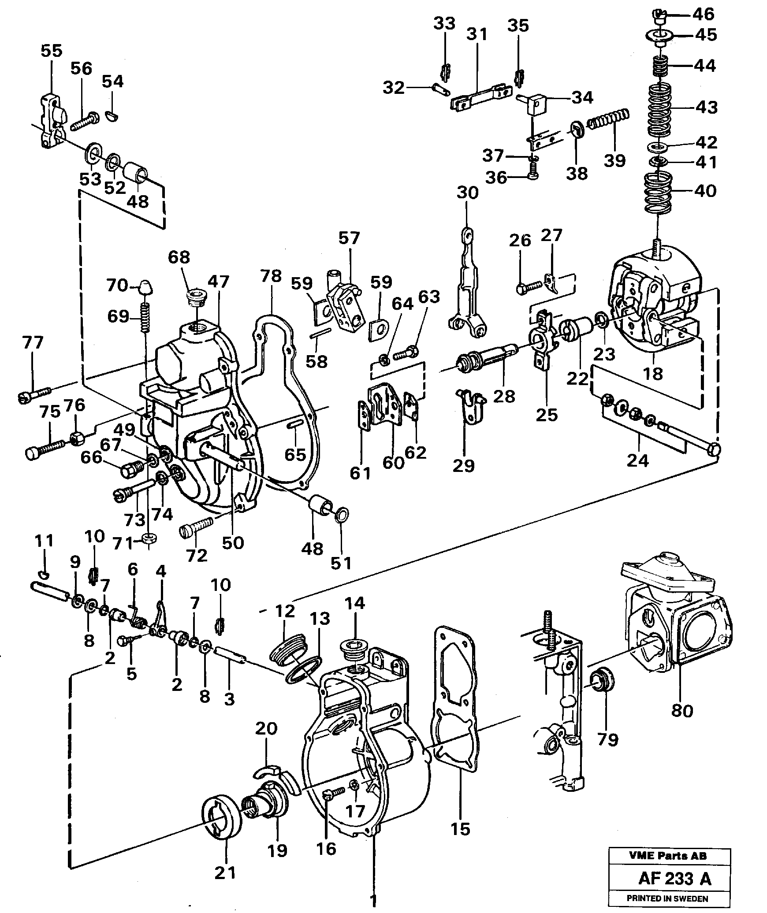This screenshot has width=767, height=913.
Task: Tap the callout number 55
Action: click(x=52, y=51)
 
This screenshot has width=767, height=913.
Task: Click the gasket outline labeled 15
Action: click(x=457, y=696)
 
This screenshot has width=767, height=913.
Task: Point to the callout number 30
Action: click(x=467, y=193)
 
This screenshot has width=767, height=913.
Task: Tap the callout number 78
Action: click(x=271, y=276)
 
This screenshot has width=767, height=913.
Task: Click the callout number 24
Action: click(x=638, y=460)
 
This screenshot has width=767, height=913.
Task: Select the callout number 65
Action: click(x=295, y=454)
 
